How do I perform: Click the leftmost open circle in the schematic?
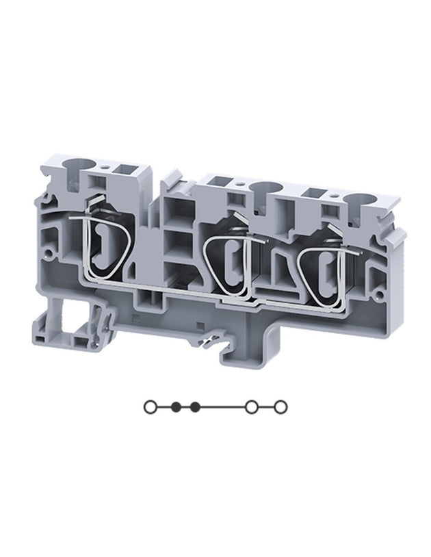150,407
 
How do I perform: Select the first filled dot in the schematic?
177,407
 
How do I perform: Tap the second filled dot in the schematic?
196,407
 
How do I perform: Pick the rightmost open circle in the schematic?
280,407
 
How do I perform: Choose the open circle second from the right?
252,407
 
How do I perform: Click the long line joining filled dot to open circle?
223,407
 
